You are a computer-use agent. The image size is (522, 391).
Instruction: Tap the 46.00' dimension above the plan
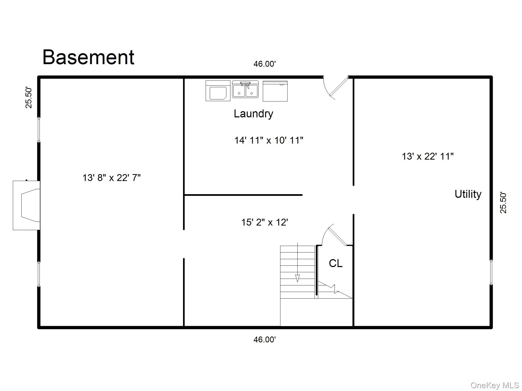[265, 64]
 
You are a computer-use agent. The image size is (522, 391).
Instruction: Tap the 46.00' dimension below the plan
[265, 339]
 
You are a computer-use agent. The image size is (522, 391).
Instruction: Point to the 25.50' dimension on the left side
[29, 98]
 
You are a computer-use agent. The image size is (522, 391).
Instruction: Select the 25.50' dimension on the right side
[503, 203]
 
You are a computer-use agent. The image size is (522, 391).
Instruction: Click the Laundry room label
[253, 114]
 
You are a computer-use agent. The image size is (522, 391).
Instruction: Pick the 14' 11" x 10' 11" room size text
[269, 140]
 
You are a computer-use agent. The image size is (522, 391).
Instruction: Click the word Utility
[468, 194]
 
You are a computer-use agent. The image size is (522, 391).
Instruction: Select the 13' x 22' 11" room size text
[428, 156]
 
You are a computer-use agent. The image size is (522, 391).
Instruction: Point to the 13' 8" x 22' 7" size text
[111, 178]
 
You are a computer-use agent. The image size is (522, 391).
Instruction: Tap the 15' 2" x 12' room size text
[265, 222]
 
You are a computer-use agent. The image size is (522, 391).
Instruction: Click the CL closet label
[335, 263]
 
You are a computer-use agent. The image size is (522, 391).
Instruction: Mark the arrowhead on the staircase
[297, 278]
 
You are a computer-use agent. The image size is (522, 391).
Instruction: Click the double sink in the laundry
[245, 89]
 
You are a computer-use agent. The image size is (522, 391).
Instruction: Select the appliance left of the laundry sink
[218, 91]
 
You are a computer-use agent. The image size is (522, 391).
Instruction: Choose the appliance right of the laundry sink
[275, 91]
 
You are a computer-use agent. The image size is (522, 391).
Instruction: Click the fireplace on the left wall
[27, 205]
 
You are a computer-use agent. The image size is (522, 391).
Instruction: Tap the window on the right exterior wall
[491, 272]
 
